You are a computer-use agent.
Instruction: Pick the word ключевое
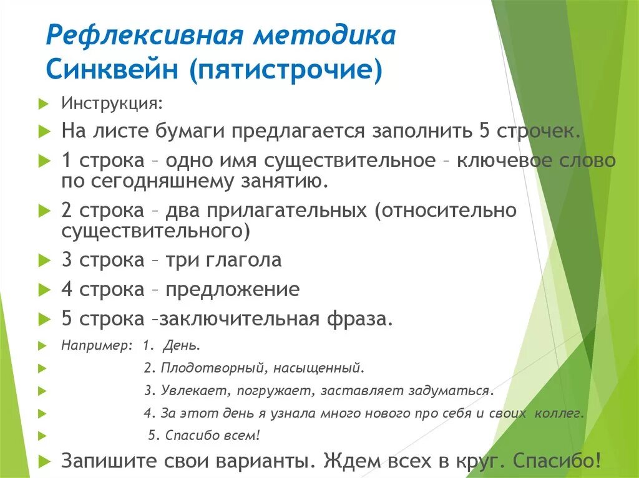click(504, 160)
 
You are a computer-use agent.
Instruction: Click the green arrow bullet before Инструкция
click(42, 103)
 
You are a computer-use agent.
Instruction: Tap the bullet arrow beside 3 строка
click(42, 261)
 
